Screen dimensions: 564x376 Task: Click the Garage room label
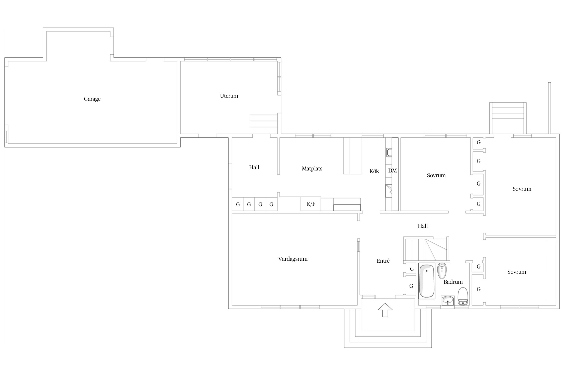(x=92, y=99)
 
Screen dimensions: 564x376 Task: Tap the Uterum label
(x=229, y=96)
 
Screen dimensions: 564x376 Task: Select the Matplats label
(x=312, y=169)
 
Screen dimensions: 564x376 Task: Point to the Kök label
(x=374, y=171)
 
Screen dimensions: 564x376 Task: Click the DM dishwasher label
(x=393, y=171)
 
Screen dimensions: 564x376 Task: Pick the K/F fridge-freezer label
(x=311, y=204)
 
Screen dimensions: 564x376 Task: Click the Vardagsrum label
(x=293, y=259)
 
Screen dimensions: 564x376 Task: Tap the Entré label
(x=383, y=261)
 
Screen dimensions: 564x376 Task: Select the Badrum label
(x=453, y=282)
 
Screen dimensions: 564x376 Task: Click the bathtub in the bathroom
(x=427, y=281)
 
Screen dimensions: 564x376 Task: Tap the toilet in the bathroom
(x=463, y=296)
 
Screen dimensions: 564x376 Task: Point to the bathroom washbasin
(x=448, y=301)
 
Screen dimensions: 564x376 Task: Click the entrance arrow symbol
(x=385, y=310)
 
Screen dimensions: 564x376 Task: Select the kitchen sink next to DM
(x=389, y=153)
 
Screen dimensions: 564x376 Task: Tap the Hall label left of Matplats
(x=254, y=167)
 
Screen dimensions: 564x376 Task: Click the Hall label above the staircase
(x=423, y=226)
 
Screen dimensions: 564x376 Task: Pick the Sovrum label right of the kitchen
(x=436, y=175)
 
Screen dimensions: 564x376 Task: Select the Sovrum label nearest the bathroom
(x=517, y=272)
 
